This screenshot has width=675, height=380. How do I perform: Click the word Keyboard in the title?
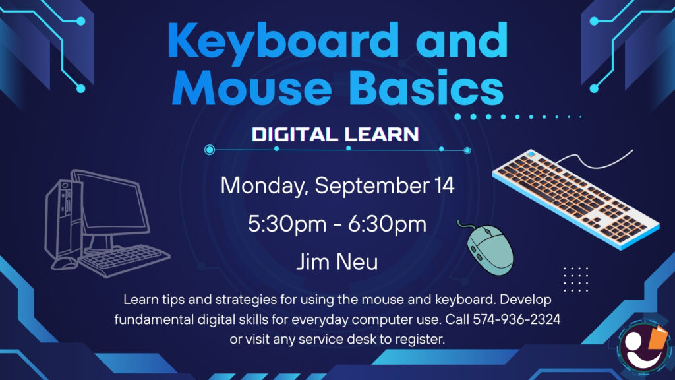[x=283, y=41]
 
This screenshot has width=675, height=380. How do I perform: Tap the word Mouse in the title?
[x=252, y=88]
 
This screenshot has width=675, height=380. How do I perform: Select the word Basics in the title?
[x=426, y=88]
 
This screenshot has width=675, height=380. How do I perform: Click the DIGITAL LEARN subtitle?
[x=336, y=135]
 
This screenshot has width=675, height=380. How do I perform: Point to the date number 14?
[x=444, y=185]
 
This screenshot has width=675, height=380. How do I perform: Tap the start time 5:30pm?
[x=287, y=224]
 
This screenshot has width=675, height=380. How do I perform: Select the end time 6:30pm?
[x=388, y=224]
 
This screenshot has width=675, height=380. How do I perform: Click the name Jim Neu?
[x=337, y=261]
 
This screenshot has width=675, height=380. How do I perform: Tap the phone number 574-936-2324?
[x=517, y=320]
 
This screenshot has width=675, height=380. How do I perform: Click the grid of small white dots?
[x=576, y=279]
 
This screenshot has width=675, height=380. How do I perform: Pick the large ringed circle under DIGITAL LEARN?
[x=210, y=150]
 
